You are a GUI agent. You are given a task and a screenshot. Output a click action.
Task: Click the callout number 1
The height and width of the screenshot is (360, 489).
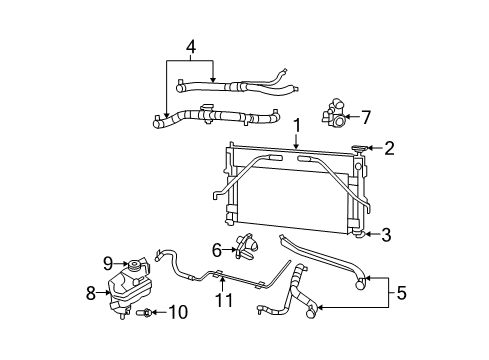pos(297,125)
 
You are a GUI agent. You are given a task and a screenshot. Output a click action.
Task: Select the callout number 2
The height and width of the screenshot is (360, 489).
pos(389,149)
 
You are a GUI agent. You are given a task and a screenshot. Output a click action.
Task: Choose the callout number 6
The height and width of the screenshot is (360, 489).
pos(216,249)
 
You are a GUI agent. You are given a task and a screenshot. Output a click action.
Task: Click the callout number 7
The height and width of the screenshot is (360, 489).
pos(366,117)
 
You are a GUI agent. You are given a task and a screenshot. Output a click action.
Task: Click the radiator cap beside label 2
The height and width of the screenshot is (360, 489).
pos(360,149)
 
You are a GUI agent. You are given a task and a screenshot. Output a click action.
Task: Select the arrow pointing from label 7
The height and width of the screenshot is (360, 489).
pos(352,117)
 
